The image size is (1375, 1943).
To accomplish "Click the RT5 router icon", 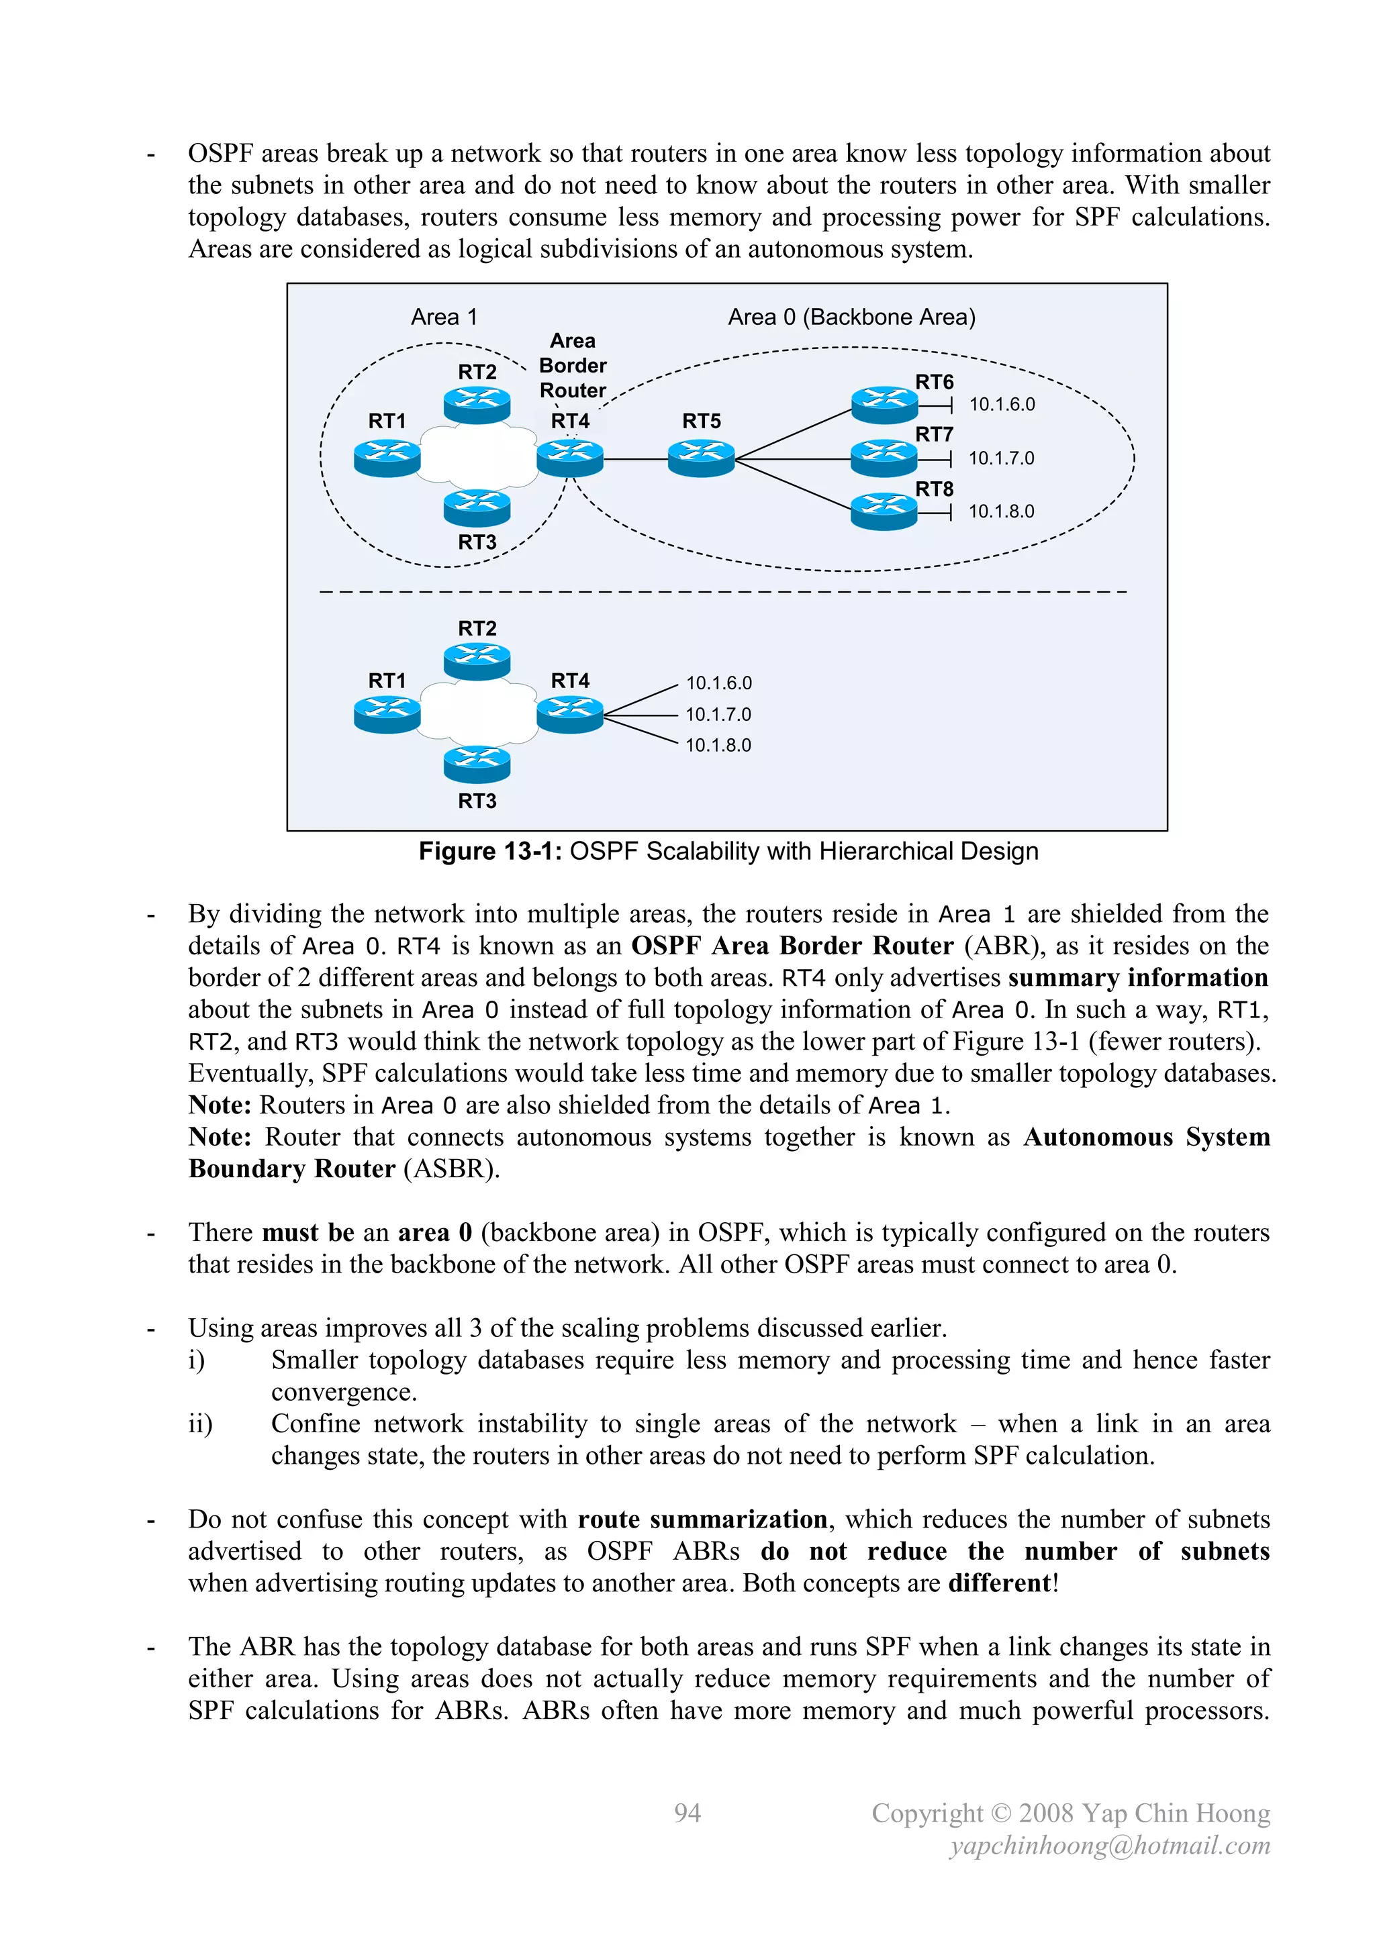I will pyautogui.click(x=701, y=458).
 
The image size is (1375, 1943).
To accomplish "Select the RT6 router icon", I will pyautogui.click(x=884, y=405).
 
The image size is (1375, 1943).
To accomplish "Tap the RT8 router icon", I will pyautogui.click(x=884, y=511).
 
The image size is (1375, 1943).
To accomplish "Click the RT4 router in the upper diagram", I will pyautogui.click(x=570, y=458).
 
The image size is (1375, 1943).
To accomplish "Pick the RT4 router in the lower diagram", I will pyautogui.click(x=570, y=714).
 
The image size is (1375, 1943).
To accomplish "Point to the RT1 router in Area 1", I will pyautogui.click(x=387, y=458).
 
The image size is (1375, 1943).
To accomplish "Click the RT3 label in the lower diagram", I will pyautogui.click(x=477, y=801).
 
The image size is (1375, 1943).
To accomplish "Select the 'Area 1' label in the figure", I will pyautogui.click(x=444, y=317).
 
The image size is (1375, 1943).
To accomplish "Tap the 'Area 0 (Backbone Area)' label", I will pyautogui.click(x=851, y=317).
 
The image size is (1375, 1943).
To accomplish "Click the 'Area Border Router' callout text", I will pyautogui.click(x=572, y=366).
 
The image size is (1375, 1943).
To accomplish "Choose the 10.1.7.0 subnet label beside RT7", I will pyautogui.click(x=1001, y=458).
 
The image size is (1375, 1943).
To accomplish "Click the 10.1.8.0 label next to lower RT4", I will pyautogui.click(x=718, y=746).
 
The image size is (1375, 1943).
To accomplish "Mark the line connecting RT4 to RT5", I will pyautogui.click(x=635, y=460).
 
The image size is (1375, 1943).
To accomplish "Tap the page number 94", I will pyautogui.click(x=687, y=1813).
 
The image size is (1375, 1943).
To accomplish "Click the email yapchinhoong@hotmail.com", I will pyautogui.click(x=1110, y=1846).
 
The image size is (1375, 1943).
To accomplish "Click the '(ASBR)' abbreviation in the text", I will pyautogui.click(x=451, y=1170).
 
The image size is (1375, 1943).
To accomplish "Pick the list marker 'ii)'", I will pyautogui.click(x=200, y=1424).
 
